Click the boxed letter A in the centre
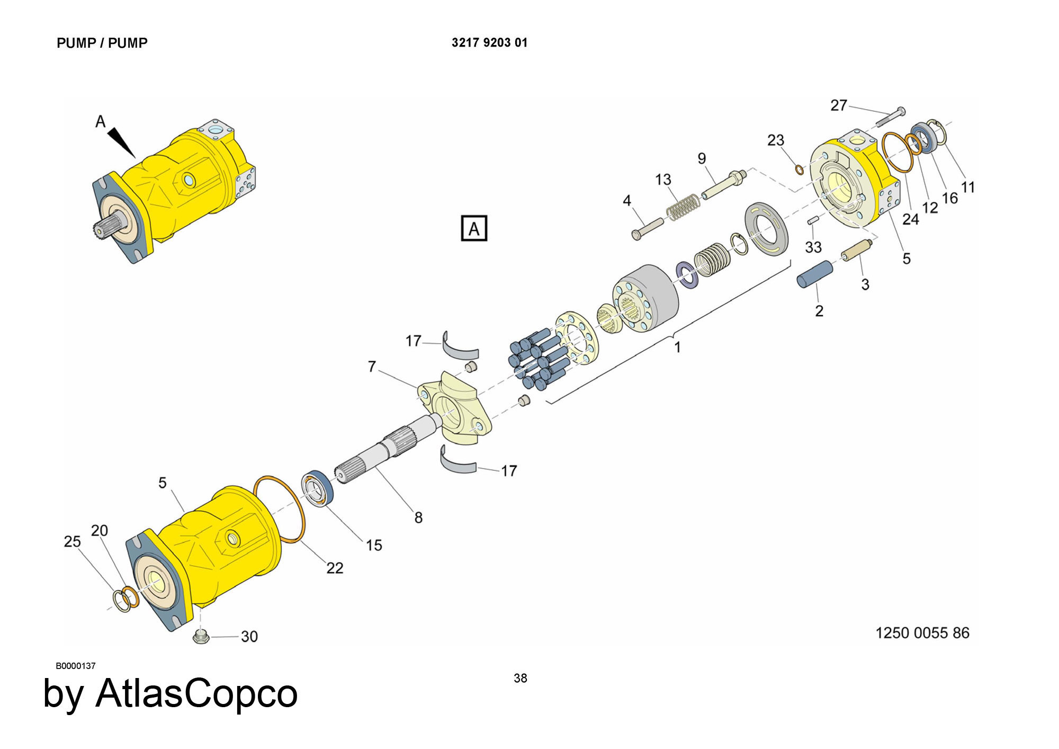click(x=474, y=228)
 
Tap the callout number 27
click(x=839, y=105)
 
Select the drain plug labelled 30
click(x=200, y=636)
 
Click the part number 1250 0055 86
click(x=922, y=632)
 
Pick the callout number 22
click(x=335, y=568)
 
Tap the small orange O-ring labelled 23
click(x=799, y=170)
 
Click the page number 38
click(x=520, y=678)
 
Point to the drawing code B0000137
click(x=76, y=666)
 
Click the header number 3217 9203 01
click(x=490, y=42)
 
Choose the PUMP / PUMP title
click(x=102, y=43)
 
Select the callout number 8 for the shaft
click(x=418, y=518)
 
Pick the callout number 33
click(x=813, y=247)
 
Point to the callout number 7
click(x=372, y=366)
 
